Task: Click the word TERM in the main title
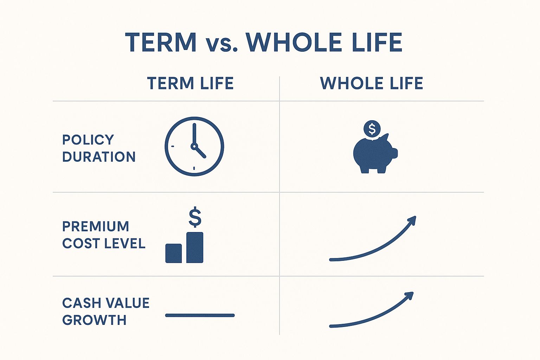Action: tap(161, 43)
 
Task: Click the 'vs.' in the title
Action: tap(221, 45)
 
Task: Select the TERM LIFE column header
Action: tap(190, 83)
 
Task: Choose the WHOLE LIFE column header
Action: tap(372, 83)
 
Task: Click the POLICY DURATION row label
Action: tap(99, 148)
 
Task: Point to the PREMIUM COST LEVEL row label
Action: tap(104, 234)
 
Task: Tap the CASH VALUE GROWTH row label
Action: tap(106, 311)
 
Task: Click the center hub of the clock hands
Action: tap(194, 146)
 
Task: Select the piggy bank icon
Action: tap(375, 154)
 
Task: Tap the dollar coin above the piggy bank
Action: tap(372, 129)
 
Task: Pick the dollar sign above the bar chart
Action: tap(195, 217)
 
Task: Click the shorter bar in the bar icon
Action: tap(174, 253)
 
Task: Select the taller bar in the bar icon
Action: tap(195, 247)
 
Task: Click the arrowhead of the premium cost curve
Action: tap(412, 220)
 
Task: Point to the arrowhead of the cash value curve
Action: tap(410, 296)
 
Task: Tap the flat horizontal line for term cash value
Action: tap(200, 315)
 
